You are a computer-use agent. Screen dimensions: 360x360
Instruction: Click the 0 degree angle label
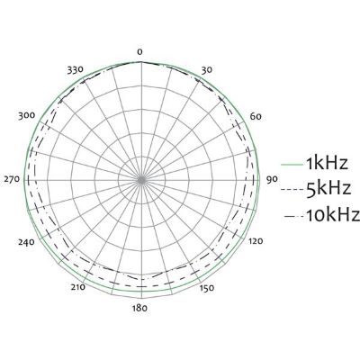[x=139, y=52]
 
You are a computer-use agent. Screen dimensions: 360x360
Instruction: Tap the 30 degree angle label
[x=206, y=70]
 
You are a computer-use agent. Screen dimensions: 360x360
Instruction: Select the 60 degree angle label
[x=256, y=116]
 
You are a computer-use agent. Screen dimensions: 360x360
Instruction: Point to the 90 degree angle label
[x=272, y=179]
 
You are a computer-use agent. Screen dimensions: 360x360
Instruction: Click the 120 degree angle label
[x=255, y=241]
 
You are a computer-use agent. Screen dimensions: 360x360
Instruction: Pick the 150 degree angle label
[x=207, y=288]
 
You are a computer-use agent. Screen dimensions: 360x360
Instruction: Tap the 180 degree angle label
[x=139, y=308]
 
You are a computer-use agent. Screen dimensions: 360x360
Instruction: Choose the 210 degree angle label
[x=77, y=287]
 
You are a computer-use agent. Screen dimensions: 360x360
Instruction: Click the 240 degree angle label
[x=26, y=242]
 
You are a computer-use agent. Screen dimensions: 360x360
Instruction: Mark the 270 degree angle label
[x=12, y=179]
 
